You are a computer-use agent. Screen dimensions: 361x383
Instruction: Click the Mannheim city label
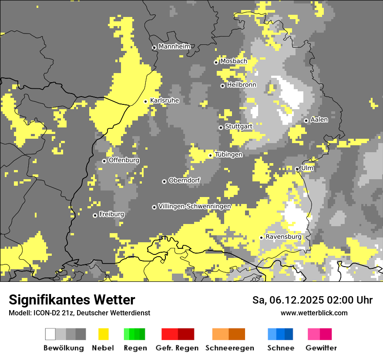[174, 47]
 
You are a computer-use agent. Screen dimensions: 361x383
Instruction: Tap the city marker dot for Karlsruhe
[146, 101]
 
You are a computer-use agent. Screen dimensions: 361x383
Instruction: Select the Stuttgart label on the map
[239, 127]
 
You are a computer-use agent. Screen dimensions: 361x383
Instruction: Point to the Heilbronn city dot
[222, 86]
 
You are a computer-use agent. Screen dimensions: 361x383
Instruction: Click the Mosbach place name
[233, 61]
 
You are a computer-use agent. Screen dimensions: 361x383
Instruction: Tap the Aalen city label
[319, 120]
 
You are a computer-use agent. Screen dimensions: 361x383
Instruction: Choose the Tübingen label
[228, 154]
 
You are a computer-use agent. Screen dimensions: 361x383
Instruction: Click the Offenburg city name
[124, 160]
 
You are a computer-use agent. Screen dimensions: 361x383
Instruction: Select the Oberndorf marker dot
[164, 181]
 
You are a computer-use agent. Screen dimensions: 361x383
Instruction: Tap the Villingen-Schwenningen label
[195, 206]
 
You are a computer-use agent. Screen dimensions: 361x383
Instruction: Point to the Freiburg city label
[111, 214]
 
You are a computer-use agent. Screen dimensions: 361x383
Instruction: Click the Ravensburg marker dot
[261, 237]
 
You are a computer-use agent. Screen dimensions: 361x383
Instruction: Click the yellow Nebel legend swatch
[103, 334]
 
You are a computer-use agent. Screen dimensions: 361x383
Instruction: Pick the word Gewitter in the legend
[321, 348]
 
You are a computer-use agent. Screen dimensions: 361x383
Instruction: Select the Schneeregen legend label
[229, 348]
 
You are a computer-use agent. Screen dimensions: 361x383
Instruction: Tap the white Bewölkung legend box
[50, 334]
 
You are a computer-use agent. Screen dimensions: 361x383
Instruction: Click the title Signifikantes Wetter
[72, 300]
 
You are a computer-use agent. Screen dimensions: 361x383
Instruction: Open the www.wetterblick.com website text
[314, 313]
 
